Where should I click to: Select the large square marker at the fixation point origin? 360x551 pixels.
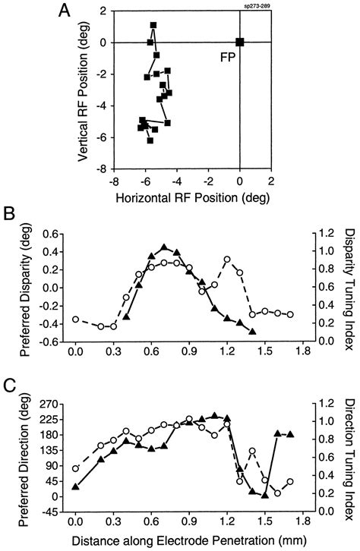tap(240, 43)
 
